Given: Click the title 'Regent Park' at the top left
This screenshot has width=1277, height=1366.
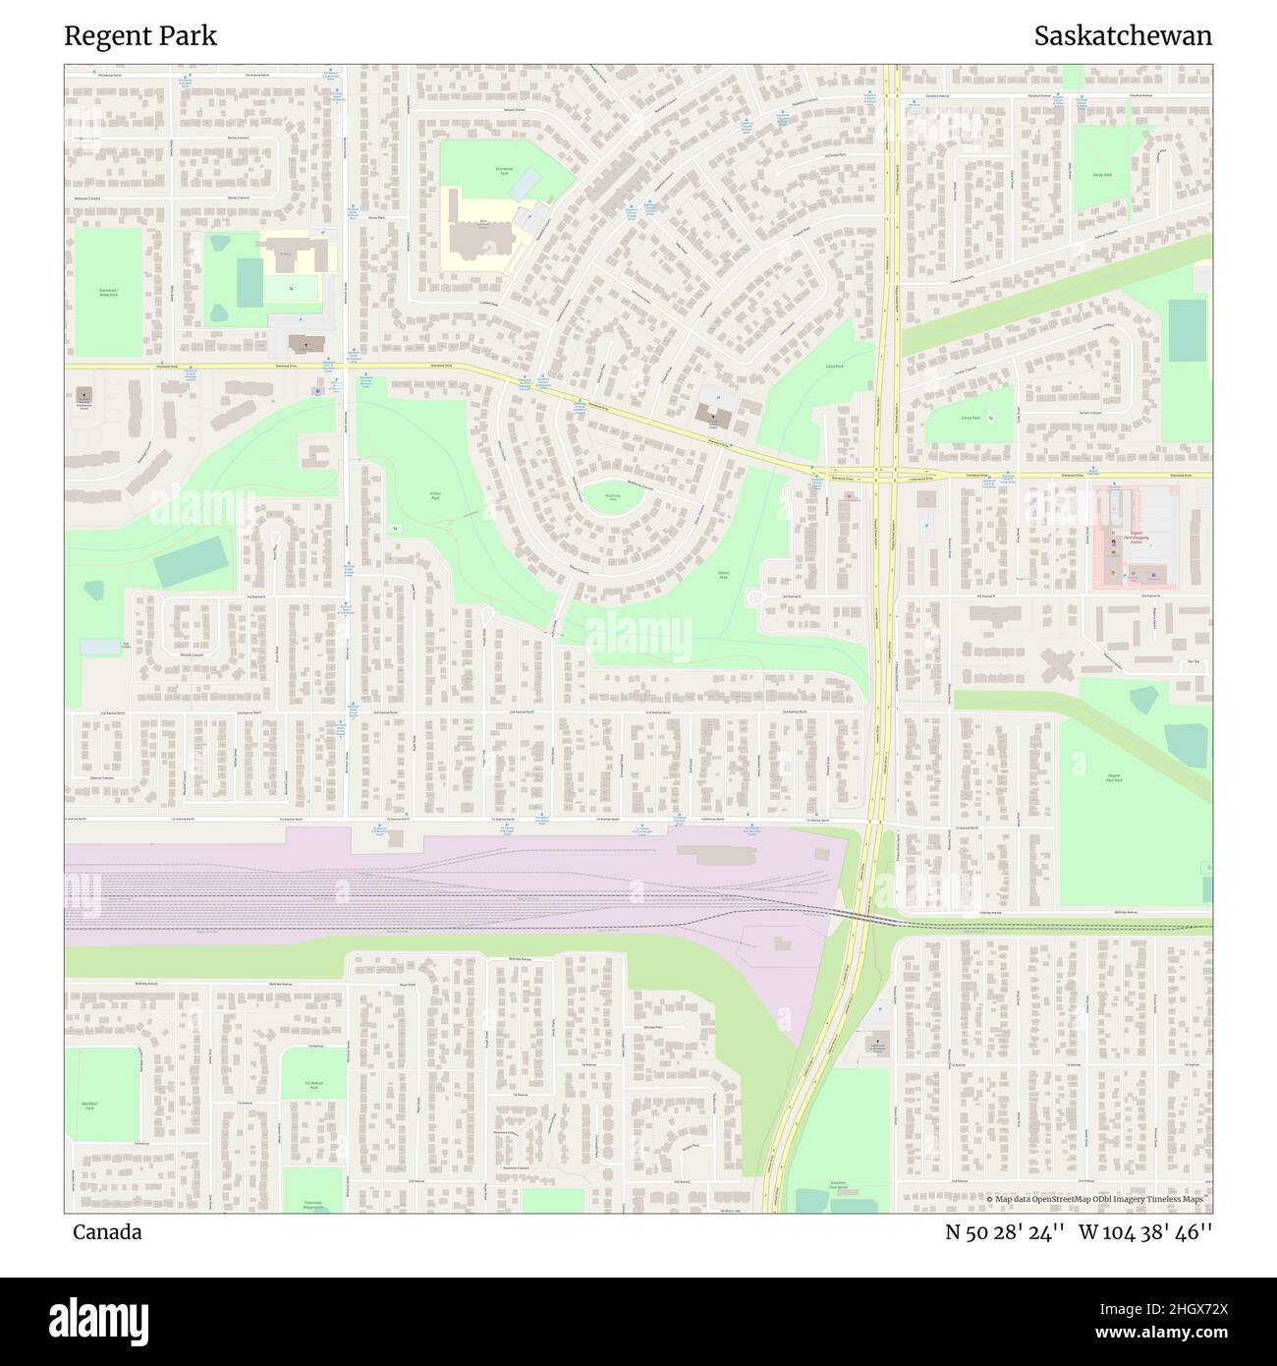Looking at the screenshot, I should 140,36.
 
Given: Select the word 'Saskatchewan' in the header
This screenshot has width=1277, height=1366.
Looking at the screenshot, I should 1123,36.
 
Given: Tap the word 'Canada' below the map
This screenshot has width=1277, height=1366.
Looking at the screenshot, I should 107,1231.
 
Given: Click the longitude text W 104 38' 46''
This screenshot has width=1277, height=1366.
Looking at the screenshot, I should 1144,1231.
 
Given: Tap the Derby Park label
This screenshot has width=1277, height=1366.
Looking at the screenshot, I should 1101,175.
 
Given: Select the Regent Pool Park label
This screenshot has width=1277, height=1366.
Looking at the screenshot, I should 1114,777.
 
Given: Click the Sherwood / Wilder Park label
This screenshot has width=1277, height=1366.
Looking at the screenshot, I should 107,292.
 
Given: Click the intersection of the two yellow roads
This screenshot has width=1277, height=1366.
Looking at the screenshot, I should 889,475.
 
